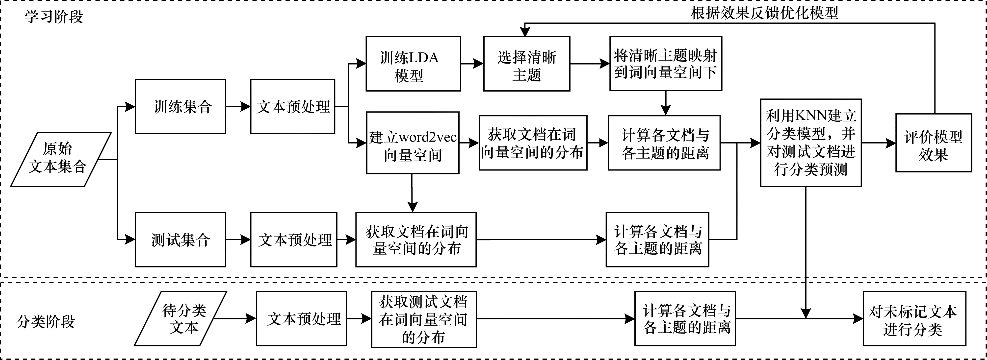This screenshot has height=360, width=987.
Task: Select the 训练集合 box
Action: coord(180,106)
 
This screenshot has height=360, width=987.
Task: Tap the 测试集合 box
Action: coord(180,240)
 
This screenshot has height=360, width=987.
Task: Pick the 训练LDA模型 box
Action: coord(413,64)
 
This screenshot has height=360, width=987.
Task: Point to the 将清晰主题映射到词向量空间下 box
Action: coord(666,64)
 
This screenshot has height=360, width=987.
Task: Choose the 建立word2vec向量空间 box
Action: coord(413,143)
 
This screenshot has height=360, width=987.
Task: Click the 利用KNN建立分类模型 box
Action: coord(811,143)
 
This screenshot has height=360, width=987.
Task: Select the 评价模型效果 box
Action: coord(933,143)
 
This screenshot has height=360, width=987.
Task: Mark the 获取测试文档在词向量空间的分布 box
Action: coord(424,319)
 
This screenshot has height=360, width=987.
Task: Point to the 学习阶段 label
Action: coord(54,17)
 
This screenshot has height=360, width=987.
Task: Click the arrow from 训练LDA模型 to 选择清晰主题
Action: coord(472,64)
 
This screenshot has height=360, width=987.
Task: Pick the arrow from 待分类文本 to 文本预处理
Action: coord(234,318)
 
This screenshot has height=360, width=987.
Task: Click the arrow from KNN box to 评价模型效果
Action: coord(878,143)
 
